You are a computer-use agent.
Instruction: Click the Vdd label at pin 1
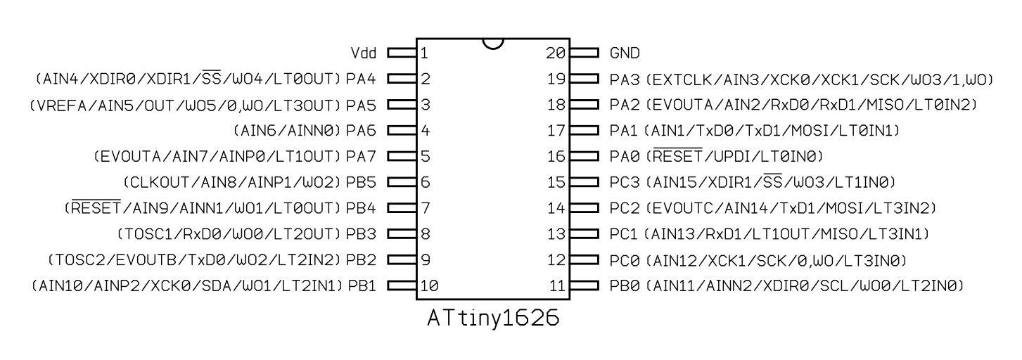click(x=364, y=53)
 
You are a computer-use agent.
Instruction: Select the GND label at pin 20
click(x=625, y=53)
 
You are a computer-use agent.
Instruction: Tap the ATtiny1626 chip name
click(x=493, y=319)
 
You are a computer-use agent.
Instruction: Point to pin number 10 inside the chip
click(x=429, y=285)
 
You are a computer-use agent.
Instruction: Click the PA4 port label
click(x=362, y=79)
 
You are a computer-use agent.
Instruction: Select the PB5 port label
click(x=362, y=182)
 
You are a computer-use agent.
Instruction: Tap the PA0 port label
click(x=625, y=156)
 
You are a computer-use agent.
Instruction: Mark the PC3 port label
click(x=625, y=182)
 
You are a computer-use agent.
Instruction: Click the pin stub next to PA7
click(x=401, y=156)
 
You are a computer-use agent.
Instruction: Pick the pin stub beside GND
click(x=585, y=53)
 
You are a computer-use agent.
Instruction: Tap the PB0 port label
click(x=625, y=285)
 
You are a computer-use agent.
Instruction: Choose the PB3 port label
click(x=362, y=233)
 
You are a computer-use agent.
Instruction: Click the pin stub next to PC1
click(x=585, y=233)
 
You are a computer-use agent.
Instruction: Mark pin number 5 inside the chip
click(x=425, y=156)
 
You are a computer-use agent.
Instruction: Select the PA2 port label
click(x=625, y=105)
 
